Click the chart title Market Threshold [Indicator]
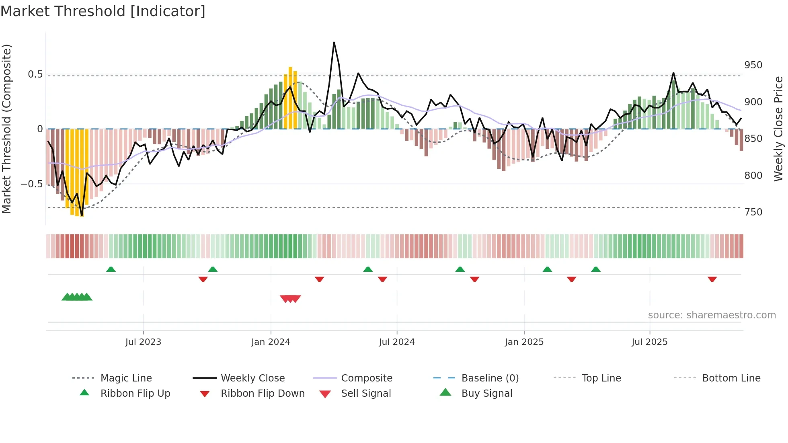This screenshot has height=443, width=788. tap(103, 11)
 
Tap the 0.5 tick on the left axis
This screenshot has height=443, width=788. tap(35, 74)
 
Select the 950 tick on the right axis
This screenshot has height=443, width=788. tap(753, 65)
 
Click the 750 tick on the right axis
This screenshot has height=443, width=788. tap(753, 212)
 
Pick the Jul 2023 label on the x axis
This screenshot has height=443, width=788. tap(143, 342)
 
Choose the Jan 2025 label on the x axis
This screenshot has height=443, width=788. tap(524, 342)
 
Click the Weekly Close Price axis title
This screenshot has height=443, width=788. tap(778, 129)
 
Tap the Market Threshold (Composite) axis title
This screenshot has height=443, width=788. tap(6, 129)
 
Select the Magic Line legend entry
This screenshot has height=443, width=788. tap(126, 378)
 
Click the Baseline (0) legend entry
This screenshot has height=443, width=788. tap(490, 378)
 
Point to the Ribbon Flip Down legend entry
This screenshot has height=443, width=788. tap(262, 394)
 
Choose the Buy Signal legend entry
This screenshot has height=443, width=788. tap(486, 394)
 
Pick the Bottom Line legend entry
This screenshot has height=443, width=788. tap(731, 378)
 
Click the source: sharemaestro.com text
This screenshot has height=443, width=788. tap(712, 315)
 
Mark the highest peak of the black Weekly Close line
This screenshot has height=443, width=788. tap(334, 43)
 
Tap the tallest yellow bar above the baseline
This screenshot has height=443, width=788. tap(290, 96)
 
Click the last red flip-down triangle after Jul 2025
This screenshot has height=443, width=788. tap(712, 279)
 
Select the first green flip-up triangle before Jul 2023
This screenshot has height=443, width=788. tap(111, 269)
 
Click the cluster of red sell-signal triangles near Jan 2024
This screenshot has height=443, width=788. tap(290, 299)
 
